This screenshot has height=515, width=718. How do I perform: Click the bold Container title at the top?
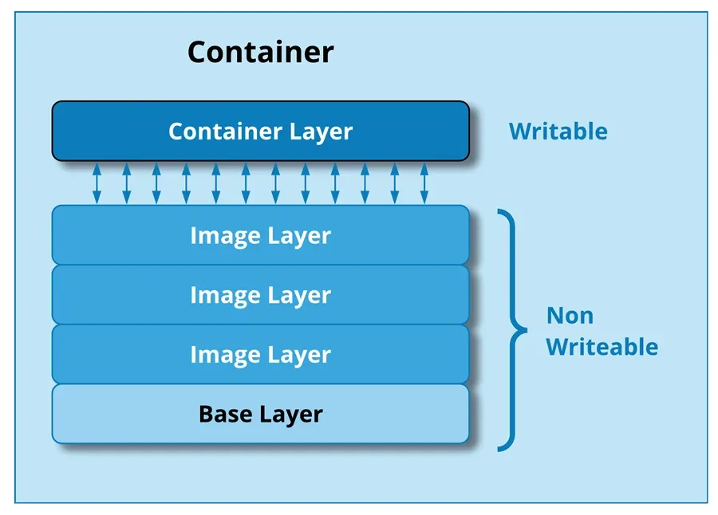point(260,53)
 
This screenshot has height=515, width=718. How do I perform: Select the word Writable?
point(558,132)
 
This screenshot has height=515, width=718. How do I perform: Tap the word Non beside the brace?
point(570,316)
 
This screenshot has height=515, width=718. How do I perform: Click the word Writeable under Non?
point(602,347)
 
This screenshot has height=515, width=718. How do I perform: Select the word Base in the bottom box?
point(225,415)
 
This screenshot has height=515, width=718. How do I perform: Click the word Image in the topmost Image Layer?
point(224,236)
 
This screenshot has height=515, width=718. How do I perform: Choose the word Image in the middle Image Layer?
point(224,296)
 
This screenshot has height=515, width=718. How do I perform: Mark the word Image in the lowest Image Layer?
point(224,355)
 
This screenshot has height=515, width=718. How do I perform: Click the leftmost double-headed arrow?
point(97,183)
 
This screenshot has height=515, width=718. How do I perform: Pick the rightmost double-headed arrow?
point(424,183)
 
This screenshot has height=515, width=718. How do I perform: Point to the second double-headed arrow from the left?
point(126,183)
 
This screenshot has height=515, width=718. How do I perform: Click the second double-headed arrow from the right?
point(394,183)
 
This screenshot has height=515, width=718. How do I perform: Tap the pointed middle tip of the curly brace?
point(524,328)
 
